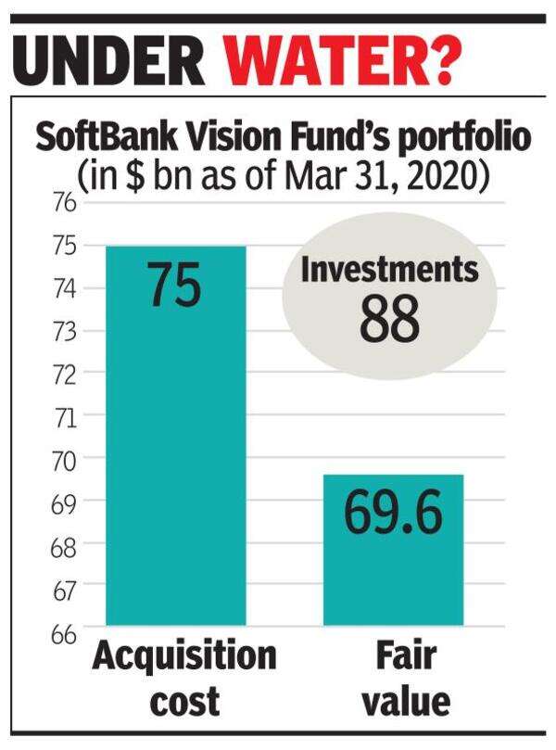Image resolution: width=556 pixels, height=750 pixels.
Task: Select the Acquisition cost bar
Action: coord(175,436)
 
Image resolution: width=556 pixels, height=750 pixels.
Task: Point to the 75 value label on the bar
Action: coord(174,285)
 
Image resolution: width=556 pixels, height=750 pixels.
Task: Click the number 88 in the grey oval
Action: coord(390,318)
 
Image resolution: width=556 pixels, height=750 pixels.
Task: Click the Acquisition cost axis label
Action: coord(184,678)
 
